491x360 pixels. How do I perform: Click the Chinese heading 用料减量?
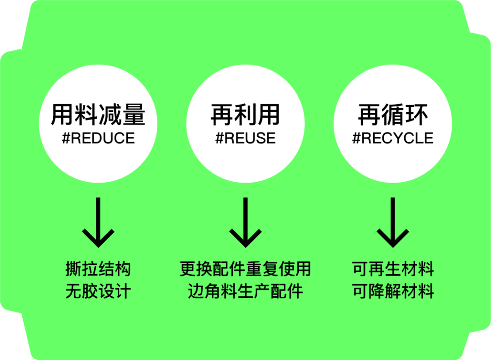pos(98,115)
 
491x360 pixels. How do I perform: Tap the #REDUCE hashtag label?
pos(98,138)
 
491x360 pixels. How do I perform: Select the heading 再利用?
pos(245,115)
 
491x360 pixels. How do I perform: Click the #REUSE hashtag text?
pos(245,138)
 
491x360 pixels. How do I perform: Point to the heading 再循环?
pos(393,115)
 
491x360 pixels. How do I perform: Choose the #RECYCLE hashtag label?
pos(393,138)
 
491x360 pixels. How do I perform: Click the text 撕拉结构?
pos(98,269)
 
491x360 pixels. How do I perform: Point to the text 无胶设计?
pos(98,291)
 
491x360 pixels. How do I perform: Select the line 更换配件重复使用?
pos(245,269)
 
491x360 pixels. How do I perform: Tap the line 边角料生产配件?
pos(245,291)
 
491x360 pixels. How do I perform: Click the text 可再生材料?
pos(393,269)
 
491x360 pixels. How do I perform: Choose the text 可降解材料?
pos(393,291)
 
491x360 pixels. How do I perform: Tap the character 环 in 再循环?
pos(416,115)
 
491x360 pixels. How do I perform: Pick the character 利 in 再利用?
pos(245,115)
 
